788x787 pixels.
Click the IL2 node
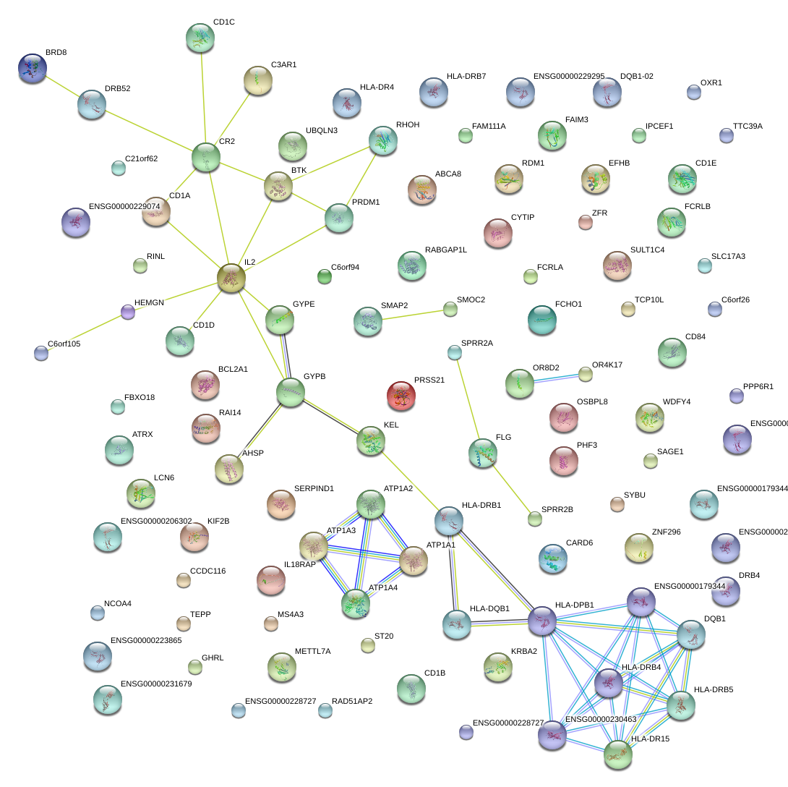[x=231, y=278]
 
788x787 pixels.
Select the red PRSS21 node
[x=401, y=395]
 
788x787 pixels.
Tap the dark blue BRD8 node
[x=32, y=67]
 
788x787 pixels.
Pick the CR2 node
[x=206, y=157]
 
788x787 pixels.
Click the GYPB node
[x=290, y=391]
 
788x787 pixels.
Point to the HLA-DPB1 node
[x=542, y=621]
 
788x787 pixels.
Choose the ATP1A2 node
[x=371, y=503]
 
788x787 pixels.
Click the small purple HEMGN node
[x=128, y=312]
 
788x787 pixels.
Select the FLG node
[x=482, y=453]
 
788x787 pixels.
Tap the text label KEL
[x=391, y=425]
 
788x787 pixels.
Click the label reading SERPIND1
[x=314, y=489]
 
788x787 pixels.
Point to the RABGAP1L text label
[x=445, y=250]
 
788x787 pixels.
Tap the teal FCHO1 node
[x=541, y=320]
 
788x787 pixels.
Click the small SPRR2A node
[x=454, y=352]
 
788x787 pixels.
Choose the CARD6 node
[x=552, y=557]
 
